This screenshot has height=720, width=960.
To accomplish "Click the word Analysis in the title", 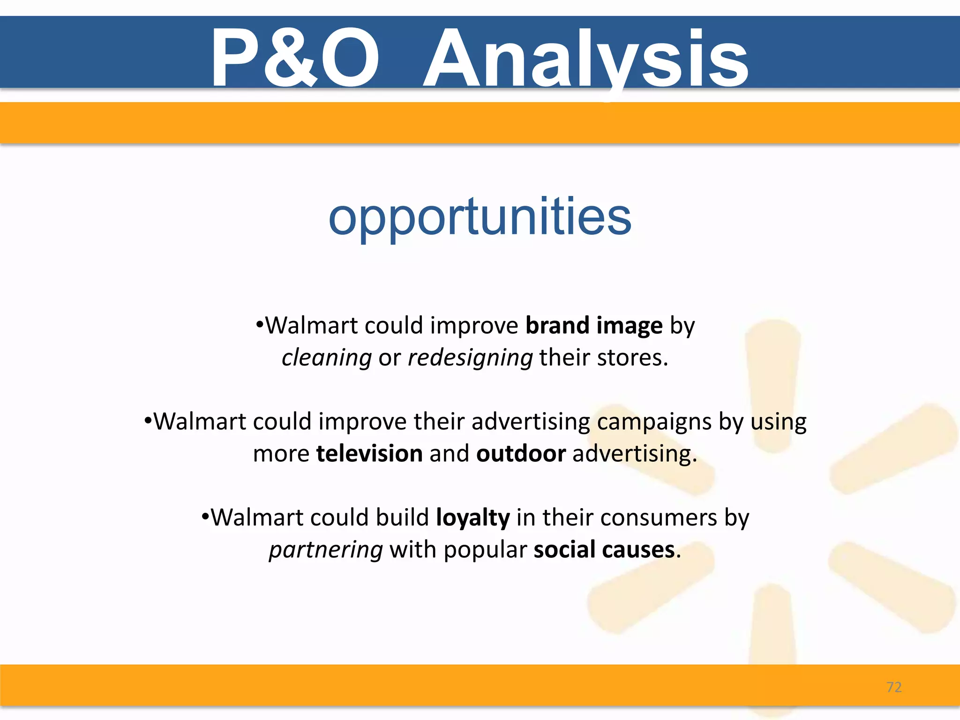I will [x=586, y=59].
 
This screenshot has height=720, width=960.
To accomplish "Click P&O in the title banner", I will [x=295, y=59].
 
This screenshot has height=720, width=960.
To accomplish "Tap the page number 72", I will [x=894, y=687].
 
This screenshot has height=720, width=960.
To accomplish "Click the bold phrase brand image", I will [x=594, y=325].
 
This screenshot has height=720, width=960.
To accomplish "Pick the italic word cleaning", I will [x=327, y=358].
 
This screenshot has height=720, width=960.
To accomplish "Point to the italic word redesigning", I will [x=470, y=358].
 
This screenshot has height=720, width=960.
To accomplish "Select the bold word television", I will [x=369, y=454].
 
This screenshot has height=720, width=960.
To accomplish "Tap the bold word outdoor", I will [x=521, y=454].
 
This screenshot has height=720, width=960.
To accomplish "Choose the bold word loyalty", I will [x=472, y=518].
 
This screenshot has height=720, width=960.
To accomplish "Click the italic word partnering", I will [x=326, y=550].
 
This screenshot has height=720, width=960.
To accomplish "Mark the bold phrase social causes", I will [x=604, y=550].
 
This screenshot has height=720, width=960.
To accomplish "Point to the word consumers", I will [x=659, y=518].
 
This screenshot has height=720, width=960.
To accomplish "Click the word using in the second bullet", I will [x=779, y=422].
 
